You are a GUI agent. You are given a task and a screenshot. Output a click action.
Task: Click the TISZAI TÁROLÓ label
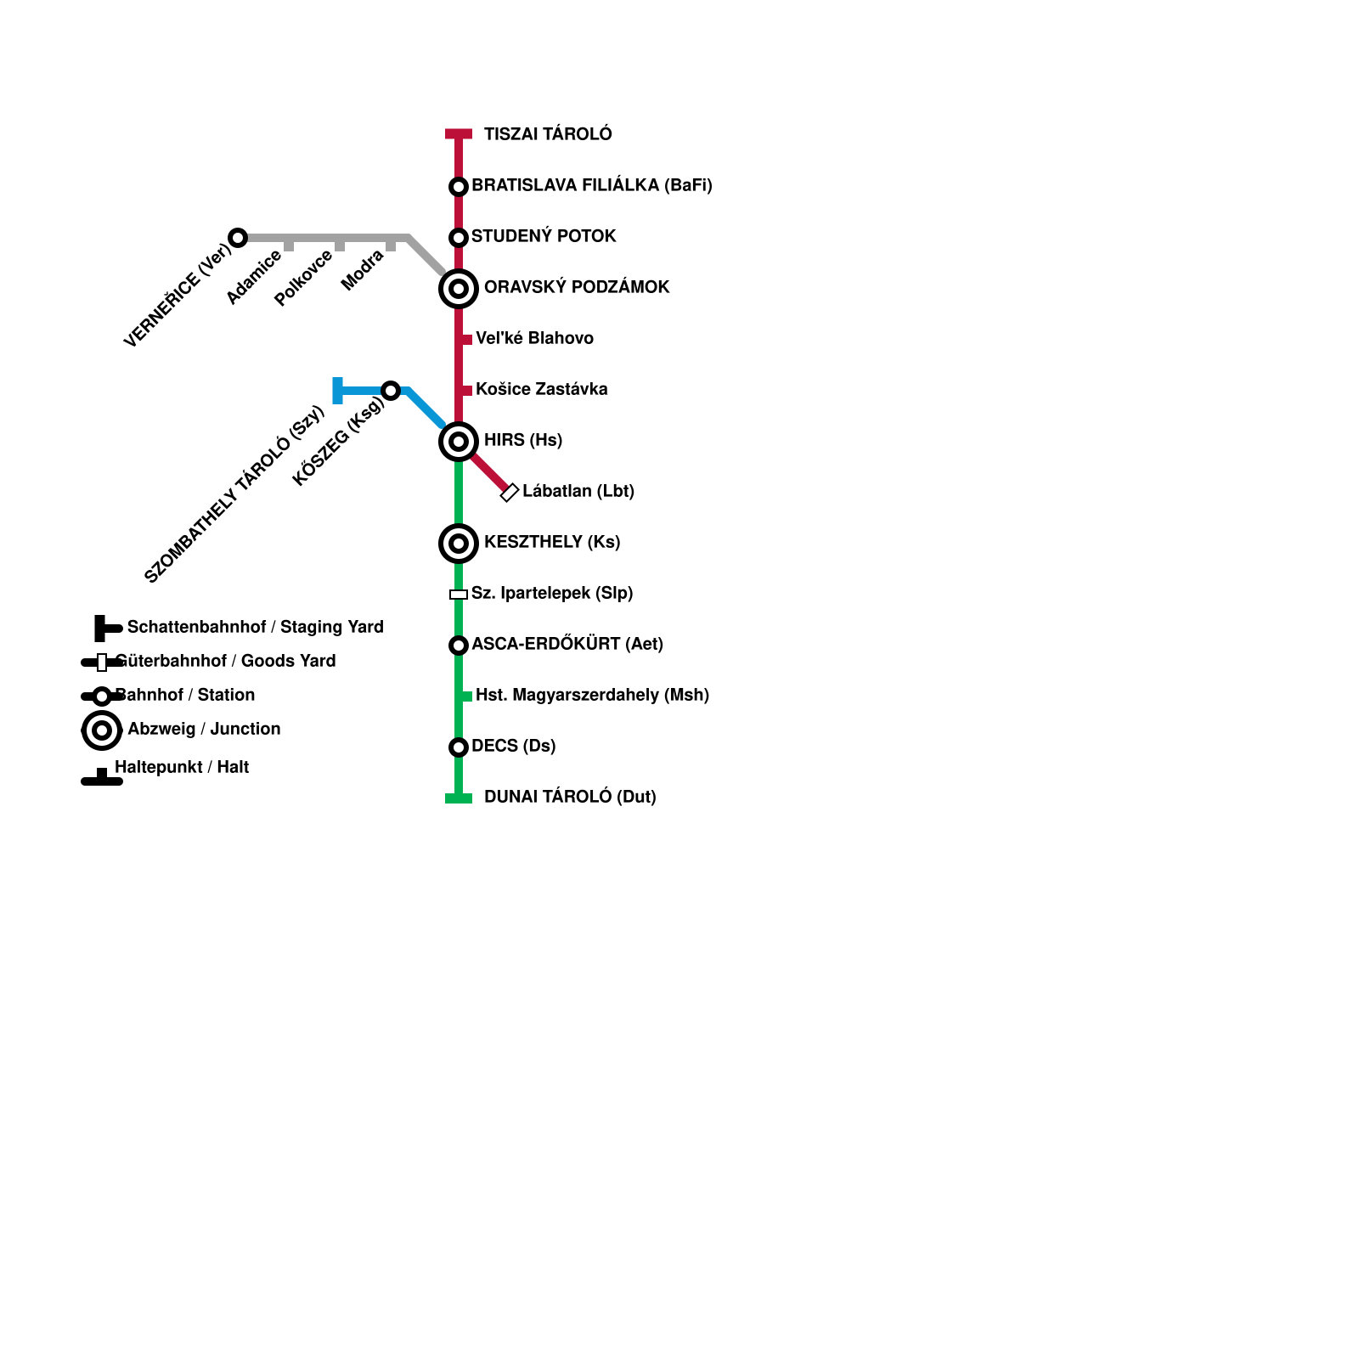(x=547, y=134)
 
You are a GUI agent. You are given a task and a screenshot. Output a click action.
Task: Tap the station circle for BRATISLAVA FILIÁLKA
(x=459, y=186)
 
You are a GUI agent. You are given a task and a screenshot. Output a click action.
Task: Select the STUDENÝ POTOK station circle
(x=459, y=237)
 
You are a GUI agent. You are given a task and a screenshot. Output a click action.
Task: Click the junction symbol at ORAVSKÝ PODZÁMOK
(x=459, y=289)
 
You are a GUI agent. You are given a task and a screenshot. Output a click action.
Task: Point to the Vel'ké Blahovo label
(x=534, y=338)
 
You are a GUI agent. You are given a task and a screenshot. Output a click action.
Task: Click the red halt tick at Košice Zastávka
(x=466, y=391)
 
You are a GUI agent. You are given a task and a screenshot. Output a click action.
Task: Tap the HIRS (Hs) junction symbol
(x=459, y=442)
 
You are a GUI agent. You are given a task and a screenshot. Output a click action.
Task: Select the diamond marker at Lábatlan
(x=510, y=493)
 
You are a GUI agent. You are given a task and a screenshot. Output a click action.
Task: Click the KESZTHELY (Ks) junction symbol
(x=459, y=544)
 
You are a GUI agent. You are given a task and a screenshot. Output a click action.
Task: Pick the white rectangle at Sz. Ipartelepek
(x=459, y=595)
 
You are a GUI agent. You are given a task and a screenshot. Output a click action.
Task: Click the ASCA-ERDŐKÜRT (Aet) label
(x=567, y=644)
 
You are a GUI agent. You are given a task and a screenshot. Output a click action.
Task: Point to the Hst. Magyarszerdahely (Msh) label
(x=592, y=695)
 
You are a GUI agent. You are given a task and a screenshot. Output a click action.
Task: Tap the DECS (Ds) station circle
(x=459, y=747)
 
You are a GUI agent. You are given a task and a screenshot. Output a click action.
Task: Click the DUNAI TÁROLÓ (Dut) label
(x=569, y=797)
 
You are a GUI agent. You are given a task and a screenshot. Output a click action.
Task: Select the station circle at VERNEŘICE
(x=238, y=238)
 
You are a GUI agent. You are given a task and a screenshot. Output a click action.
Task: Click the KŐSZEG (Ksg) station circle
(x=391, y=391)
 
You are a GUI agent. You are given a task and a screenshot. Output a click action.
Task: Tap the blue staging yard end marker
(x=338, y=391)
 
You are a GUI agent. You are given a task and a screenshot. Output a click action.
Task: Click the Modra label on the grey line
(x=363, y=270)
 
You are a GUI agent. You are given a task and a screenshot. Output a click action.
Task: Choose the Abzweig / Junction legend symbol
(x=102, y=730)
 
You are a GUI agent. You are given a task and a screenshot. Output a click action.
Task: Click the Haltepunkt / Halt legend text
(x=182, y=767)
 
